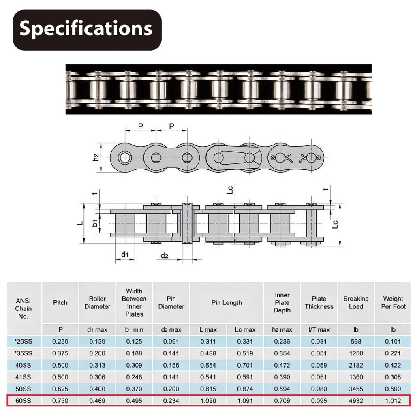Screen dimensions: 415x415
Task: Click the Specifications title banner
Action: point(87,30)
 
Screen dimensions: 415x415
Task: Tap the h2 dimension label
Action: point(96,158)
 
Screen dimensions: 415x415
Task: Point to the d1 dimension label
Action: point(125,255)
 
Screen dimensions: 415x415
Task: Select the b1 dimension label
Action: point(95,223)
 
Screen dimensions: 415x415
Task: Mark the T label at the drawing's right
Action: point(325,189)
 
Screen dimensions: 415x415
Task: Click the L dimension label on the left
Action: point(80,223)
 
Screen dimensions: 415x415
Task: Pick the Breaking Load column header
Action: point(356,302)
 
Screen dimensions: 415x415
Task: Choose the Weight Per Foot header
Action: point(393,302)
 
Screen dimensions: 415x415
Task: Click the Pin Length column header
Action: point(227,302)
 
